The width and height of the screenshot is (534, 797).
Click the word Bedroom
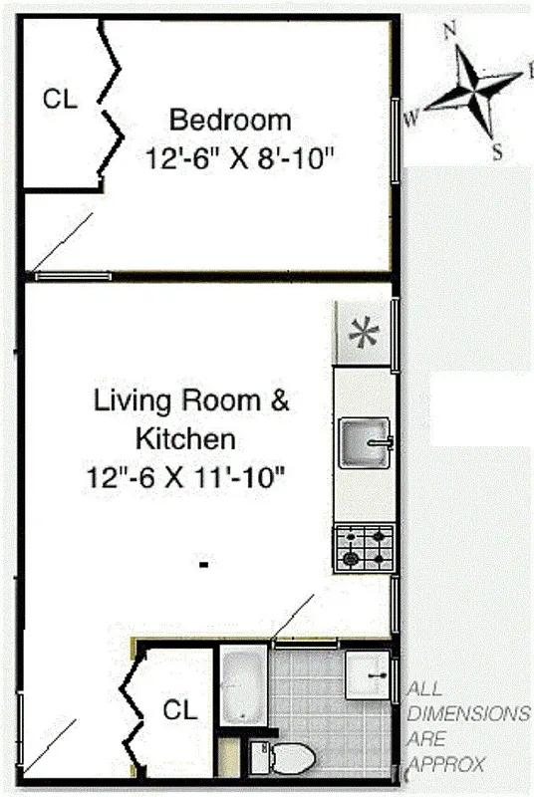230,121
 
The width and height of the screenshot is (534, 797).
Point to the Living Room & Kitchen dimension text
185,477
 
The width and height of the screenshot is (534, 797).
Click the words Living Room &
191,401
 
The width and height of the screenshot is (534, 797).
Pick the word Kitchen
185,438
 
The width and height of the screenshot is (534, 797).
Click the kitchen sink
365,442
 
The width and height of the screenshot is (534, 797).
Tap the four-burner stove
365,547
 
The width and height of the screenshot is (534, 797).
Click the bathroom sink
370,675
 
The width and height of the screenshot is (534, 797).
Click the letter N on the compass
449,30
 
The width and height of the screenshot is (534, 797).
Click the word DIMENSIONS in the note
467,714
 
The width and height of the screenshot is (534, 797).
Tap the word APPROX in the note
445,765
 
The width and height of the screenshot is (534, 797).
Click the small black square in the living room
203,565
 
